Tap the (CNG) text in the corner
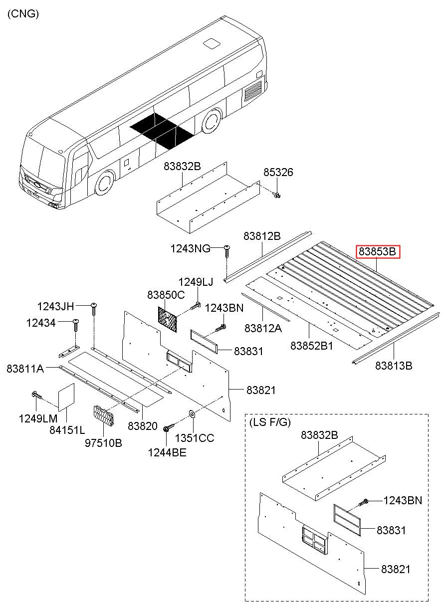tap(23, 14)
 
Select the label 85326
tap(278, 173)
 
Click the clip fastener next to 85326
tap(277, 195)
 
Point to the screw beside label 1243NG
tap(227, 249)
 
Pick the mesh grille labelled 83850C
tap(169, 319)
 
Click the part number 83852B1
tap(311, 346)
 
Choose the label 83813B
tap(394, 366)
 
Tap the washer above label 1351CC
tap(192, 414)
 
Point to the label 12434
tap(41, 323)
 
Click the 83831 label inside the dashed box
tap(391, 530)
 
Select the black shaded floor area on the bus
tap(162, 130)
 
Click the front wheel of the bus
tap(105, 183)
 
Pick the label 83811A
tap(24, 369)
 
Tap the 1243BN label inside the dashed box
tap(402, 500)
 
